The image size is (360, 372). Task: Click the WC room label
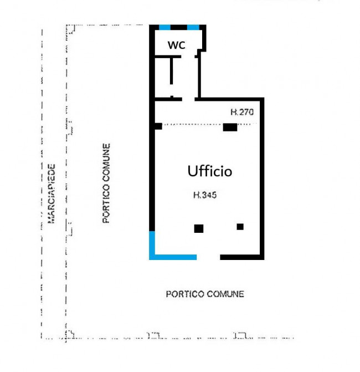176,45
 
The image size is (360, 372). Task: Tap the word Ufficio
209,171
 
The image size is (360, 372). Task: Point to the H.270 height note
242,112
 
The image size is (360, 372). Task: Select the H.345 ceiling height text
205,195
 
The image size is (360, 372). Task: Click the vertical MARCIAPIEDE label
51,194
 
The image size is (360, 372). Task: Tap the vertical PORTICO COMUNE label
106,183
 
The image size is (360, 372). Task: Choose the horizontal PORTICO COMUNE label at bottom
205,294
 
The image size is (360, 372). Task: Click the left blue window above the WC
164,27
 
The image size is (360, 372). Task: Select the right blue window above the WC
193,27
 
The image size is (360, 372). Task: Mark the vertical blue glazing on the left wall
152,244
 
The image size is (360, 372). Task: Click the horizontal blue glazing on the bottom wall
173,257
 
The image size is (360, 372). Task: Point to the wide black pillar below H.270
230,128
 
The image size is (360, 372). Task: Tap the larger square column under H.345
199,229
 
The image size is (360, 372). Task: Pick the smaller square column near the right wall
240,227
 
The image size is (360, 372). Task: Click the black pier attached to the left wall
158,126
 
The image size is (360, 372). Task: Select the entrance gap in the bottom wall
208,257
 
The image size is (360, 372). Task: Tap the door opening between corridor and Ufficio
188,99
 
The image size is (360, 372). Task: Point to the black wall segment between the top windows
179,27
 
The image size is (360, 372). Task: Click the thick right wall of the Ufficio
262,179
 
